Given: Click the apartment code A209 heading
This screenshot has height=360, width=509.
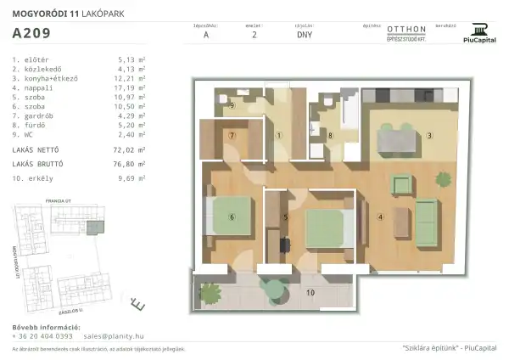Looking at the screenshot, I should [31, 35].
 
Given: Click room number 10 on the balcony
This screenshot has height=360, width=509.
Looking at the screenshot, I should [310, 292].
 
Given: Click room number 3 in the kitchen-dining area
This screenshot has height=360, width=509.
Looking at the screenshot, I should [429, 135].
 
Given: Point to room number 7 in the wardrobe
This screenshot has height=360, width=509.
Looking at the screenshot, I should [231, 135].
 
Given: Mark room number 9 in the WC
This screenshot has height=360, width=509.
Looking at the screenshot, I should [232, 105].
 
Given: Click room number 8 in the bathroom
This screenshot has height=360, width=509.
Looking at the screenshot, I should [331, 135].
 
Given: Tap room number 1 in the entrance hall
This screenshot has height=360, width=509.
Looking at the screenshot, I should [279, 135].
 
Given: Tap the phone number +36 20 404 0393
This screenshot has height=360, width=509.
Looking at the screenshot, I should [42, 336].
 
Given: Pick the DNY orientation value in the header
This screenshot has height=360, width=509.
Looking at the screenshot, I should [304, 37].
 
